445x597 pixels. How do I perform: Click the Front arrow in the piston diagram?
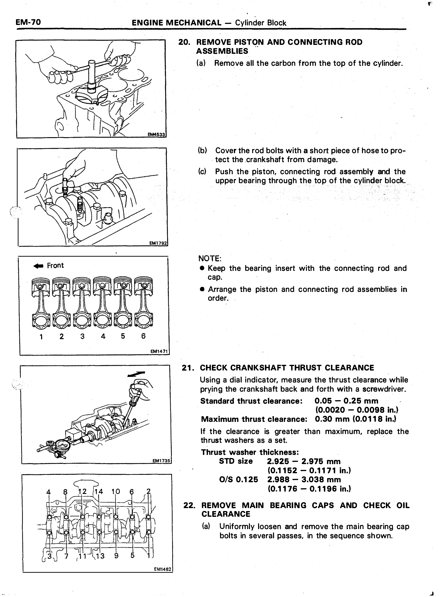tap(38, 266)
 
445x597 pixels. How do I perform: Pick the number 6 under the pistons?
tap(143, 336)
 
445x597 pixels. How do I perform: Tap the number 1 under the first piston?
tap(41, 337)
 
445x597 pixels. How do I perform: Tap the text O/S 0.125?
tap(238, 480)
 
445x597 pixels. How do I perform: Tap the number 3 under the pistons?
tap(82, 336)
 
